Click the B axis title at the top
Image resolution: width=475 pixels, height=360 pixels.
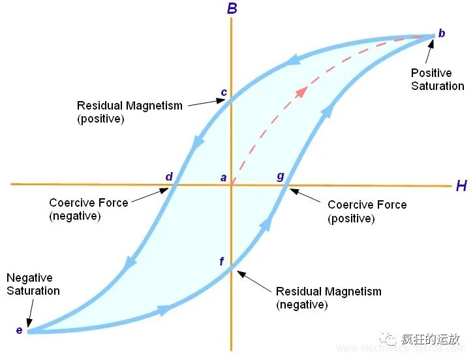(232, 9)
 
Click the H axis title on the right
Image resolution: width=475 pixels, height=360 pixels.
(461, 186)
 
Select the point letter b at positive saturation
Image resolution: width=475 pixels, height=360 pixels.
(442, 33)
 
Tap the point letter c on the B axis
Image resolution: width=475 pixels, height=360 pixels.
(224, 92)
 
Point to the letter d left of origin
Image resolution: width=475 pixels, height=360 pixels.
(169, 177)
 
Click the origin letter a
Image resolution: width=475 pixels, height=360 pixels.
(223, 177)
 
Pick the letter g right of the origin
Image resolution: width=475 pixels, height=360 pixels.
(281, 176)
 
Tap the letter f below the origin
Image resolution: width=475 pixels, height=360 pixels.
(222, 262)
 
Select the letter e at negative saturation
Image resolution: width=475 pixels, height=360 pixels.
(19, 330)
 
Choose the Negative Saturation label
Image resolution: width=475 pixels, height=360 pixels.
(33, 284)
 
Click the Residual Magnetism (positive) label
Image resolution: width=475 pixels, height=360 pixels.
(129, 112)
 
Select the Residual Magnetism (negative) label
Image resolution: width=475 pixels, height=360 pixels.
(328, 297)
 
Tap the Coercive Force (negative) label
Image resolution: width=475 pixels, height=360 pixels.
(88, 209)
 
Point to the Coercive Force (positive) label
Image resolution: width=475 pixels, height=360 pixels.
(367, 211)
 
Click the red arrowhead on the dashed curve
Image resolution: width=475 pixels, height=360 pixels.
(301, 91)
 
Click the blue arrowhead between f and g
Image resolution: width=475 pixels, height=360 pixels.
(266, 223)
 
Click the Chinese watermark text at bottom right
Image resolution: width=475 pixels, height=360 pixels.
(431, 338)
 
